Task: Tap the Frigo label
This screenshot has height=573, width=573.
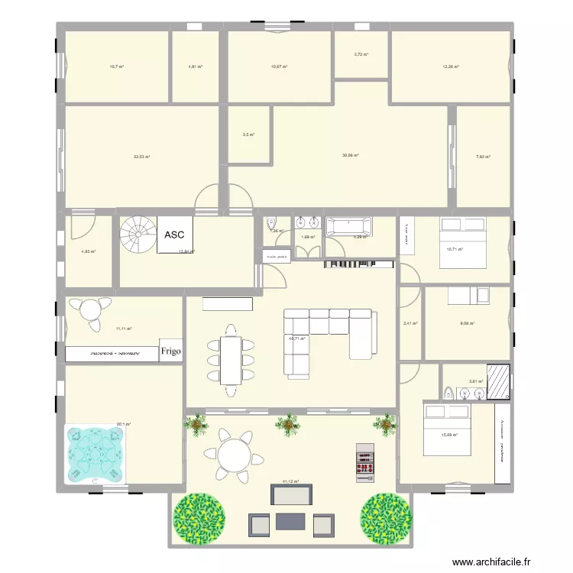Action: click(171, 352)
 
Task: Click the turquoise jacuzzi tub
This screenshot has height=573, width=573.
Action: click(95, 454)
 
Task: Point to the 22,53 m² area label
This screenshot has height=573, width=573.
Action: click(141, 157)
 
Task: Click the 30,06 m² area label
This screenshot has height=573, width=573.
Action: click(351, 155)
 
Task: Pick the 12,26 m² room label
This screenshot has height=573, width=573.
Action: click(450, 67)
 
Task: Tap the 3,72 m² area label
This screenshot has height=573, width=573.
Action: click(361, 54)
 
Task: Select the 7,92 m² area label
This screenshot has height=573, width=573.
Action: click(483, 157)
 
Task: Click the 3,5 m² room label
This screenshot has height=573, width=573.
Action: click(248, 135)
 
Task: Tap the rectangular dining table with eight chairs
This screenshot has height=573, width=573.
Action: click(230, 360)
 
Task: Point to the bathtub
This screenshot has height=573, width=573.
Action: click(350, 227)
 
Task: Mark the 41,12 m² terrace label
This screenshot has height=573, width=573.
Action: click(290, 482)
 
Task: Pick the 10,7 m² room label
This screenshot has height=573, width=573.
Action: click(116, 67)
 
